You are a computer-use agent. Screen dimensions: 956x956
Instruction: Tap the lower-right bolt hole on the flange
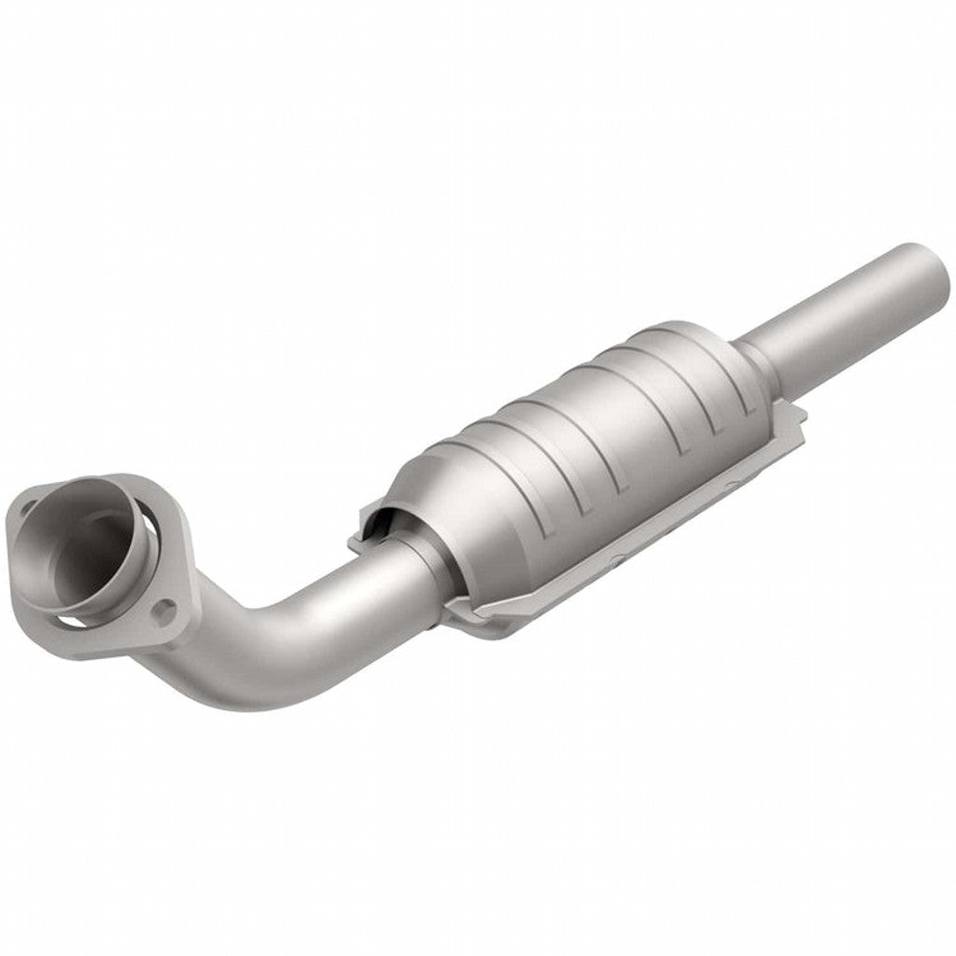pos(165,612)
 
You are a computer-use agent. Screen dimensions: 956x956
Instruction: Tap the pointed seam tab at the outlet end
pos(794,425)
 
